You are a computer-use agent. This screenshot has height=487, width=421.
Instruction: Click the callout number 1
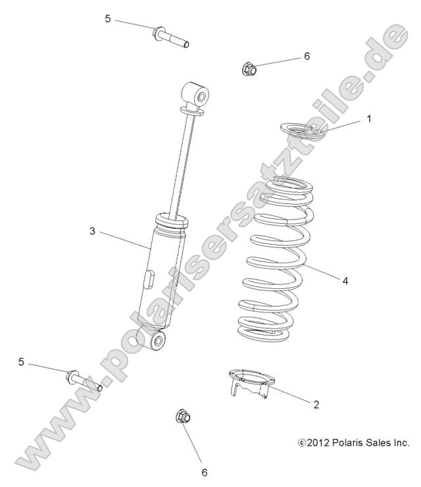coord(369,119)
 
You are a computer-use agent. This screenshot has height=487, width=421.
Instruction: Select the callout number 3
coord(93,231)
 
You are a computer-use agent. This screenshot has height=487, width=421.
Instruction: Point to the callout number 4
coord(363,280)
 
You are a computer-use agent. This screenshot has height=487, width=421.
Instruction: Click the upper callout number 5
coord(108,19)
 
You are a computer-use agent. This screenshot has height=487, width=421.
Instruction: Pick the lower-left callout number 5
coord(22,362)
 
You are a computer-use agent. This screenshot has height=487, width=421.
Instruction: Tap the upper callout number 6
coord(307,57)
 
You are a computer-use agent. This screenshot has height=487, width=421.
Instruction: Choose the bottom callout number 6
coord(204,472)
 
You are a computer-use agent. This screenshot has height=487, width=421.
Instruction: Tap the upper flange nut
coord(248,67)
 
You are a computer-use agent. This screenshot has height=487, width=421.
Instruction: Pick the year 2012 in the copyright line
coord(318,443)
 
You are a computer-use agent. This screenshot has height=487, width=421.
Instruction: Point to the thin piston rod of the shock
coord(182,165)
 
